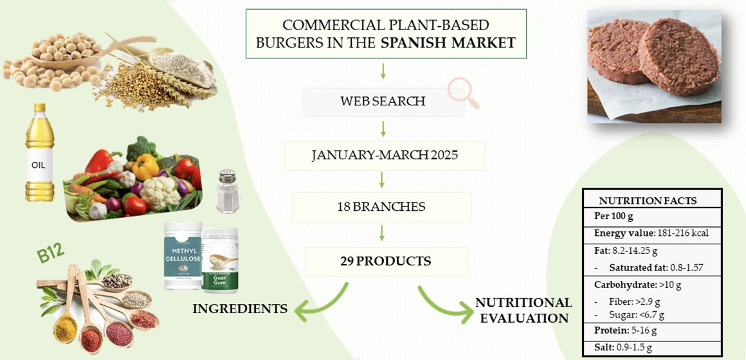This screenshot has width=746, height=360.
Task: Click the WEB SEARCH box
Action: tap(383, 102)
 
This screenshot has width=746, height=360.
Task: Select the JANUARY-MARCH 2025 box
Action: tap(385, 156)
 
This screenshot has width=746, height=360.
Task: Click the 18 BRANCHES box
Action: tap(381, 207)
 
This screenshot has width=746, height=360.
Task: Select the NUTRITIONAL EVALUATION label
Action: tap(523, 310)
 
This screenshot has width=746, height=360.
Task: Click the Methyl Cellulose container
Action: tap(183, 255)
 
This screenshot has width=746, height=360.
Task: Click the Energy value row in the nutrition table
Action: tap(651, 233)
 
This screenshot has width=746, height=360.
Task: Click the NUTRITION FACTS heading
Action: tap(648, 200)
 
